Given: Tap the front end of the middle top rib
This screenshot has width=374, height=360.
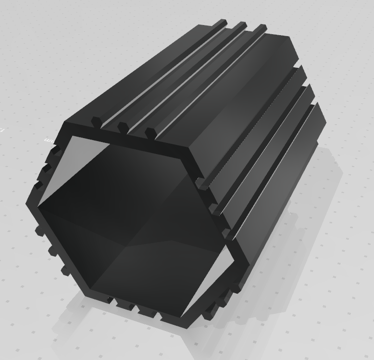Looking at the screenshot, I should click(x=123, y=128).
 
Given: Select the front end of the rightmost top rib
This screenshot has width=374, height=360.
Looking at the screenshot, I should click(x=150, y=132).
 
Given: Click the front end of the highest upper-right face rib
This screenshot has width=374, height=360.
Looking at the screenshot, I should click(x=201, y=182).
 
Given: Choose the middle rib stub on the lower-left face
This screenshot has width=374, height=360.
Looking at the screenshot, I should click(x=50, y=250).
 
